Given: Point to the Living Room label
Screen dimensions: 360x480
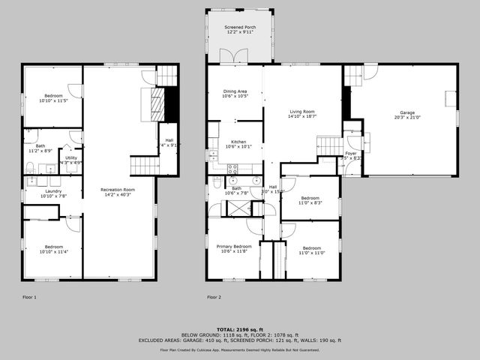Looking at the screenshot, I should point(302,111).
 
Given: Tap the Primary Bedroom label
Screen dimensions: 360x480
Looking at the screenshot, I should point(234,246).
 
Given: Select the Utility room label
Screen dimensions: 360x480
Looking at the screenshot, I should point(70,157).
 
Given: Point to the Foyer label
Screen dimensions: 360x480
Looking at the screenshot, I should point(351,152).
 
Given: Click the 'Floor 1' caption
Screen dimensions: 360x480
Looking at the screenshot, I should point(30,297).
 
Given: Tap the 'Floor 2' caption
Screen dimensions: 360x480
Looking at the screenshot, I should point(214,297).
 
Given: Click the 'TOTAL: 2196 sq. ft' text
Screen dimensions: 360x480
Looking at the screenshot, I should point(239,328).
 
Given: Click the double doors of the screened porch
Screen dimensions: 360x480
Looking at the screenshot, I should point(229,56).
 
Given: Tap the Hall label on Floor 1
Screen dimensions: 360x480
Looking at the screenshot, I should point(170,140).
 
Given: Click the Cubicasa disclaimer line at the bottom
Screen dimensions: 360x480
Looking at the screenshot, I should point(239,349).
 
